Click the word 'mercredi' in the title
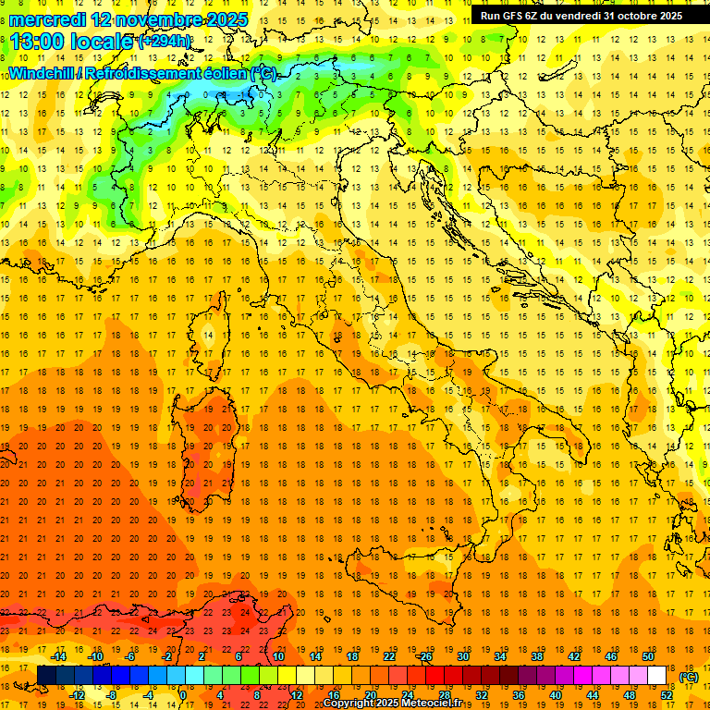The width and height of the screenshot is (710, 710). [47, 19]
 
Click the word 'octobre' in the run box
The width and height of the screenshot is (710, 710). [630, 16]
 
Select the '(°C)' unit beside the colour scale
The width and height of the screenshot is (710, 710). [688, 676]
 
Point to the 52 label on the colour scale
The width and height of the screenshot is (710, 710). [667, 694]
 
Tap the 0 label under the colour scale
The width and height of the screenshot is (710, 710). [183, 694]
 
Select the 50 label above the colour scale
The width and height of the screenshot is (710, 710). [647, 656]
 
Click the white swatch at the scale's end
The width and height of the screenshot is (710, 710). [656, 675]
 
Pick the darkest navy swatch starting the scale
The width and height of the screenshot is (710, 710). [46, 675]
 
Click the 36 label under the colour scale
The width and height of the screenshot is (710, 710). [519, 694]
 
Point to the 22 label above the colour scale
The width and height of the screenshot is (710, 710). [388, 656]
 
